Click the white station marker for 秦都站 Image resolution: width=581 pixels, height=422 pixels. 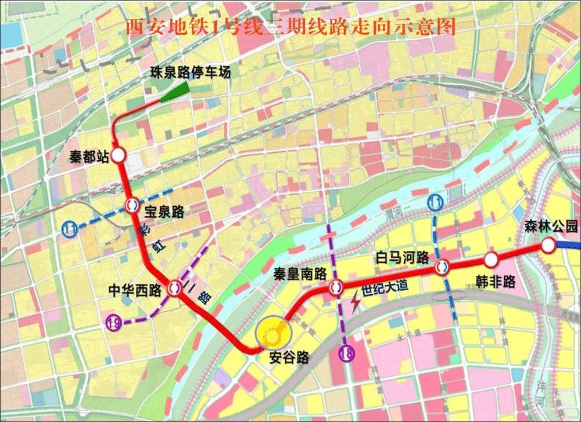(x=119, y=155)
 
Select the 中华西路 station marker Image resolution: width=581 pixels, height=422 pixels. (x=174, y=287)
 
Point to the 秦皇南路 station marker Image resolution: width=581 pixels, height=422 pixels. (x=335, y=286)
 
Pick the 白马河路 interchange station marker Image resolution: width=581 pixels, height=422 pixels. (x=442, y=267)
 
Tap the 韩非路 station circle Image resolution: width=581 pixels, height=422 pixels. (x=492, y=258)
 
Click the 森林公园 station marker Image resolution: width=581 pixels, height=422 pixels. (x=548, y=246)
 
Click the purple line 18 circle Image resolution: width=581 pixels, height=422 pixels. (x=347, y=354)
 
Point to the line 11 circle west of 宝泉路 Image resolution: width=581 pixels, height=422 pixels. (x=71, y=229)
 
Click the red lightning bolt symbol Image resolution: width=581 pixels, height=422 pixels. (x=354, y=302)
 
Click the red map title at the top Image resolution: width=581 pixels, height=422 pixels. (x=291, y=27)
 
